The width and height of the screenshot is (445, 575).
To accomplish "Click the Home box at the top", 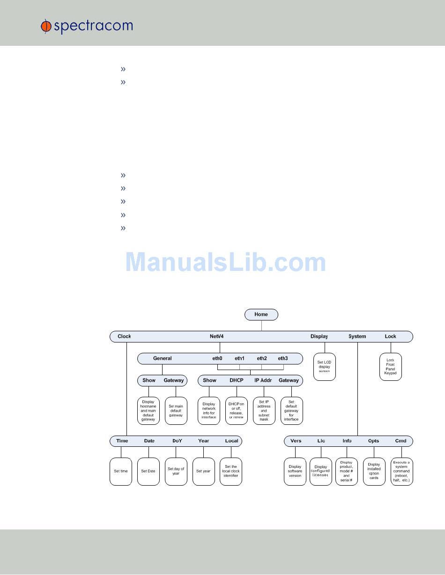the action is coord(261,314).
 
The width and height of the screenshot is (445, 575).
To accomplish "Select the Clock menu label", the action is coord(124,336).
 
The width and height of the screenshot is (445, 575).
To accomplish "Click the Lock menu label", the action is coord(390,336).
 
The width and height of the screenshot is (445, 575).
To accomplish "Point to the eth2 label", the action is coord(261,358).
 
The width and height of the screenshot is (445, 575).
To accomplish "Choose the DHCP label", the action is coord(236,380).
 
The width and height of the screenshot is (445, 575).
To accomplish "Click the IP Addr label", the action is coord(263,380).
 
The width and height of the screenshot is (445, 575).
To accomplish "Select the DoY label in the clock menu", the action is coord(177,441).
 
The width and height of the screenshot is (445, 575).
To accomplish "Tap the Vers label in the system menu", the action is coord(296,441).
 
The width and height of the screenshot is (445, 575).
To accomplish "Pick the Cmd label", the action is coord(400,441).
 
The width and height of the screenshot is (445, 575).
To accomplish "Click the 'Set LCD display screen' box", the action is coord(324,366).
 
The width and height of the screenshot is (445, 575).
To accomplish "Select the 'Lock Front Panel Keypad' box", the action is coord(390,366).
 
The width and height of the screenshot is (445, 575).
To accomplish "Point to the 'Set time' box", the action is coord(121,471).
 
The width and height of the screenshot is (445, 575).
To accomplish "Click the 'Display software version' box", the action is coord(295,471).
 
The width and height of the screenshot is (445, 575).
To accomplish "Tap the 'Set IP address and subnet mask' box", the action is coord(264,410).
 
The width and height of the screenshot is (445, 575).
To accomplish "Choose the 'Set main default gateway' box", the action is coord(176,410).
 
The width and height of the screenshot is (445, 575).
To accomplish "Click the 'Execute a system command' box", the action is coord(401,471).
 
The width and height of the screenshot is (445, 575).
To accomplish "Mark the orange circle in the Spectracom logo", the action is coord(46,27).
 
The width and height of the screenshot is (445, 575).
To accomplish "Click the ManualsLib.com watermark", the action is coord(225,262).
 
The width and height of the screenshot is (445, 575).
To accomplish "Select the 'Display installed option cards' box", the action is coord(374,471).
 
